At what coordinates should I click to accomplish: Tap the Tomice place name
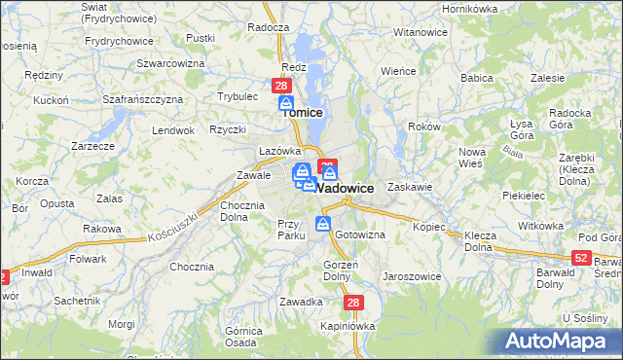(302, 113)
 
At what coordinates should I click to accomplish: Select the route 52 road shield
(581, 257)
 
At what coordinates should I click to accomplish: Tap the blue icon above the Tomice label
(286, 102)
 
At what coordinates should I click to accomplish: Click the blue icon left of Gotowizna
(323, 226)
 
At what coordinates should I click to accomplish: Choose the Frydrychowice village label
(120, 41)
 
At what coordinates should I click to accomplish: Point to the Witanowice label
(420, 32)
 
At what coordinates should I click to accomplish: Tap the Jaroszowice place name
(414, 276)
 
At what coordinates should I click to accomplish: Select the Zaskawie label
(410, 186)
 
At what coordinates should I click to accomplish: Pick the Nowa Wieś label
(472, 158)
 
